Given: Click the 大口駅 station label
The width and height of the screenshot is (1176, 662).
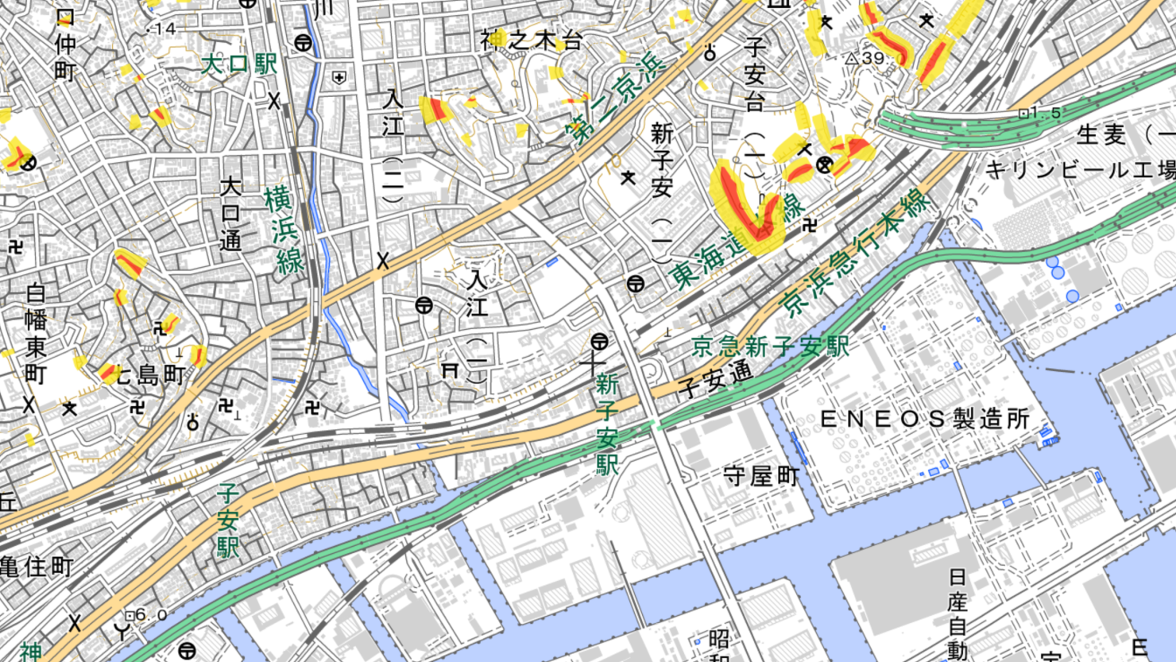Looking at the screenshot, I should pyautogui.click(x=238, y=64).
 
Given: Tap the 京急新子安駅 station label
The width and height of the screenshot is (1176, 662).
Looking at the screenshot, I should pyautogui.click(x=770, y=346).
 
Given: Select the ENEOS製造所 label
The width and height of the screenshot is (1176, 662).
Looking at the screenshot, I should pyautogui.click(x=924, y=419).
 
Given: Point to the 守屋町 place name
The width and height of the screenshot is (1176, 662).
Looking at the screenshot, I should pyautogui.click(x=761, y=476).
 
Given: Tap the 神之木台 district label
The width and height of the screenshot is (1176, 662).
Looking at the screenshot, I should pyautogui.click(x=532, y=41).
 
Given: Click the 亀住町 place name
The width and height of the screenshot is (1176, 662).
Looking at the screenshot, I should pyautogui.click(x=36, y=567).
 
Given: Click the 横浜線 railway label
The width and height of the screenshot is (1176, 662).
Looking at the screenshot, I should pyautogui.click(x=284, y=230).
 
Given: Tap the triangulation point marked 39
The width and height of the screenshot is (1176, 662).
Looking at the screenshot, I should pyautogui.click(x=852, y=58).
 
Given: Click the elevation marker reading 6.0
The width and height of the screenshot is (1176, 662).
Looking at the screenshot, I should pyautogui.click(x=130, y=615).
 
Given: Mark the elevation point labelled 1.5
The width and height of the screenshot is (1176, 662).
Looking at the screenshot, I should pyautogui.click(x=1023, y=114).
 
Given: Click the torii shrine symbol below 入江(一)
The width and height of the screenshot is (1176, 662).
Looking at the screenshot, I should pyautogui.click(x=451, y=370).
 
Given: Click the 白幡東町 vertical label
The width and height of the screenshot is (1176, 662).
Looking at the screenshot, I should pyautogui.click(x=35, y=334).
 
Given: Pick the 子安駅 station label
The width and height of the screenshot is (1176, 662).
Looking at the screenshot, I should pyautogui.click(x=228, y=522).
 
